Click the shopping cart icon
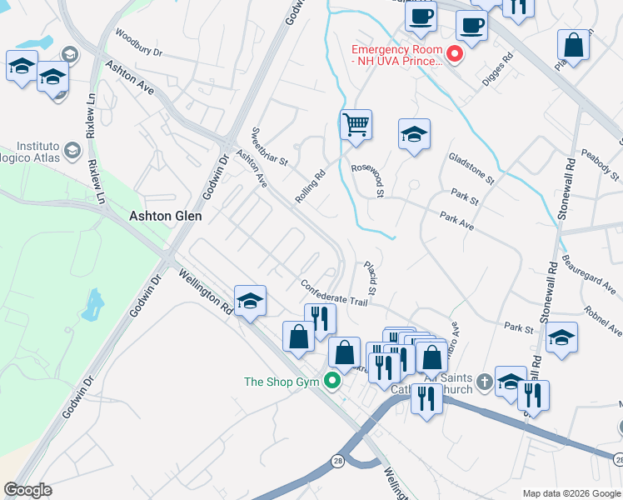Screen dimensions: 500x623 pos(356,126)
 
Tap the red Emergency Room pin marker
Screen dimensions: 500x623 pos(455,55)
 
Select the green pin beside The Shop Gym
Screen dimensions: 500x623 pos(333,382)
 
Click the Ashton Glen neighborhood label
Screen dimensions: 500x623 pos(167,215)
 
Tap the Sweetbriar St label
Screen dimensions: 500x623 pos(269,146)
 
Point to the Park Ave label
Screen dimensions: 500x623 pos(456,221)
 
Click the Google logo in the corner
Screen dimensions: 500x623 pos(27,490)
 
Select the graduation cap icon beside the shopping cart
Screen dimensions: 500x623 pos(414,133)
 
